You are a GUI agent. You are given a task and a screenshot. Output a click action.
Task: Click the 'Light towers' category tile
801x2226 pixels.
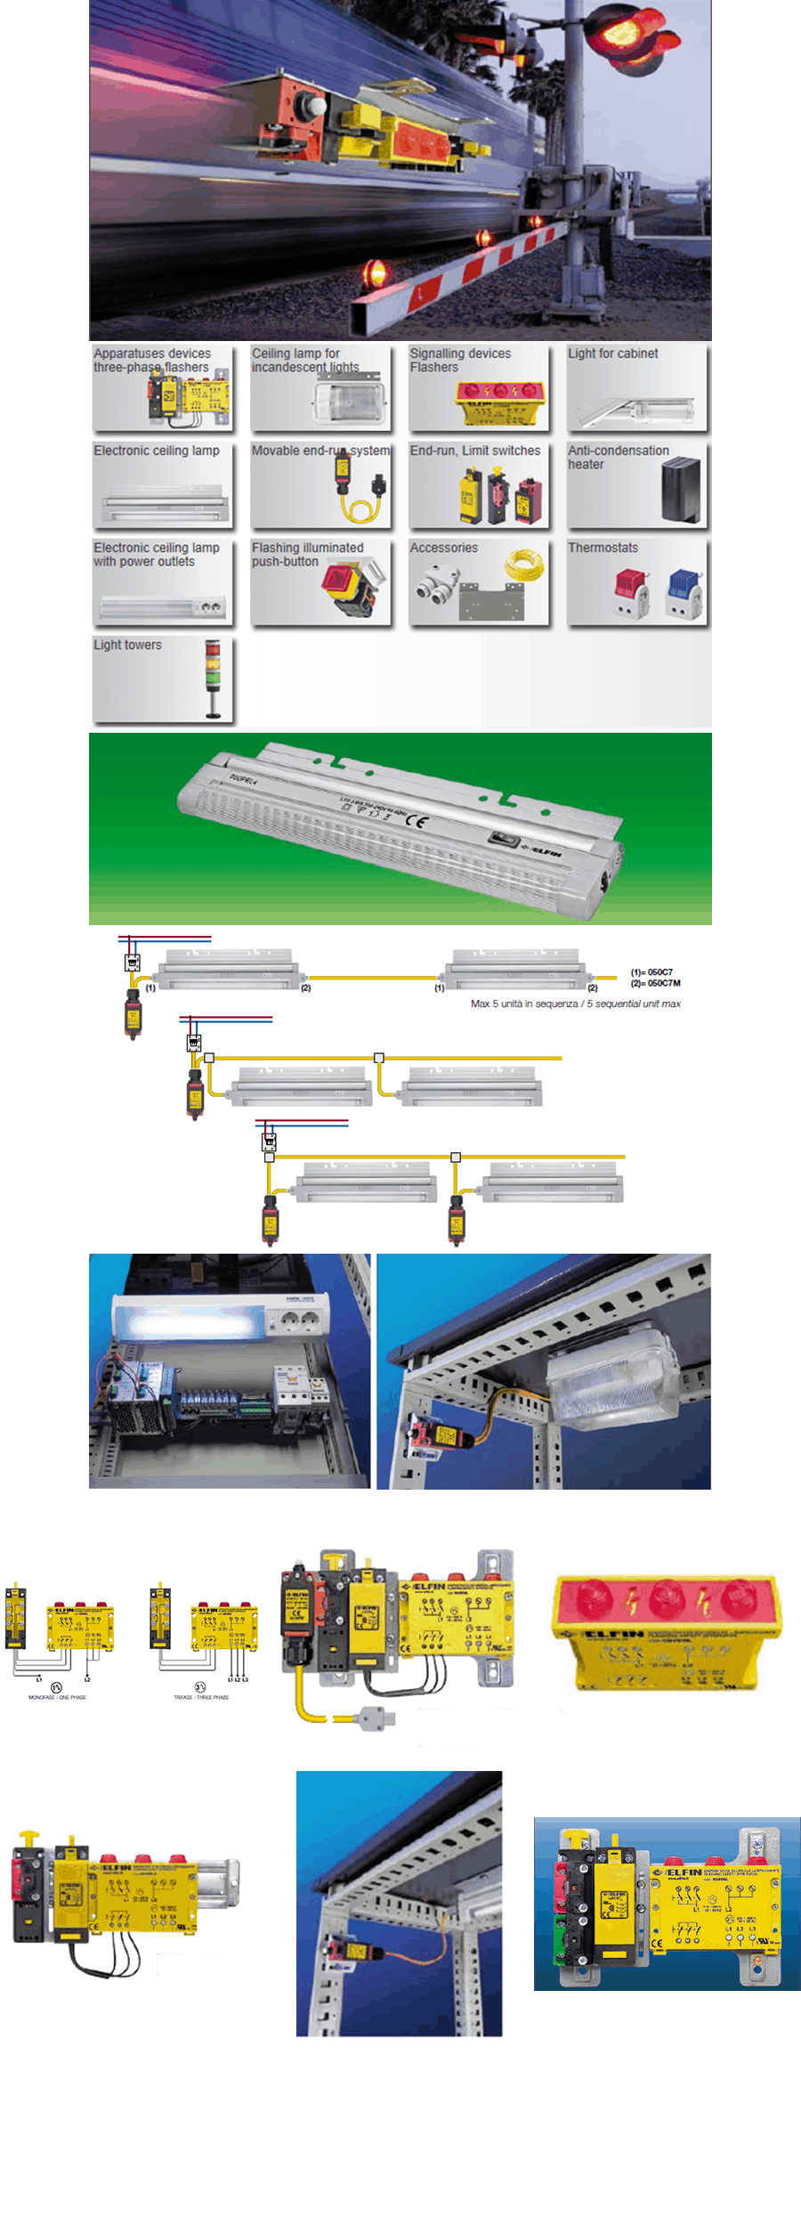coord(162,678)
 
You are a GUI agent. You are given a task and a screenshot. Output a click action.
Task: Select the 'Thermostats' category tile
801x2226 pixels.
coord(637,581)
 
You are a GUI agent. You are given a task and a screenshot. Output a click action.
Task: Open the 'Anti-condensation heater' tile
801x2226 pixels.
coord(637,483)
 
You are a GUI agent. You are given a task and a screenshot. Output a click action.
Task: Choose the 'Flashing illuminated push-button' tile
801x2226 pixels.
coord(320,581)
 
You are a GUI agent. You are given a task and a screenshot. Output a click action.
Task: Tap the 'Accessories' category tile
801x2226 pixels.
coord(479,581)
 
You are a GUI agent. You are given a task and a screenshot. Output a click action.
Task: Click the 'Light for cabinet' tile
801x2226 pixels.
coord(637,386)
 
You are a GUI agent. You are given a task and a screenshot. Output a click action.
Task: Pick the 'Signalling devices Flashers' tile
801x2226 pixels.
coord(479,386)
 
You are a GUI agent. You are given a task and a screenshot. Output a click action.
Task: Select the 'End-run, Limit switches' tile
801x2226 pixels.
coord(479,483)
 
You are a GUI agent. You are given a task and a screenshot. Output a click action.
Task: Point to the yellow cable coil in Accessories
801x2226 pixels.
coord(524,565)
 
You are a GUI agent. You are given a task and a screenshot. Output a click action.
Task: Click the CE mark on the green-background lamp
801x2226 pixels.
coord(416,820)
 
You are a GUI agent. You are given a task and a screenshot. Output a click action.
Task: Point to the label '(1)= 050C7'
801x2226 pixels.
coord(651,972)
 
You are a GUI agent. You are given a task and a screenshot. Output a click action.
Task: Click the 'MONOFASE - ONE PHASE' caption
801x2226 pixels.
coord(57,1697)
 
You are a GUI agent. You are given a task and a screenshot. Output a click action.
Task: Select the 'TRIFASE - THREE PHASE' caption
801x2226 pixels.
coord(201,1697)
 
